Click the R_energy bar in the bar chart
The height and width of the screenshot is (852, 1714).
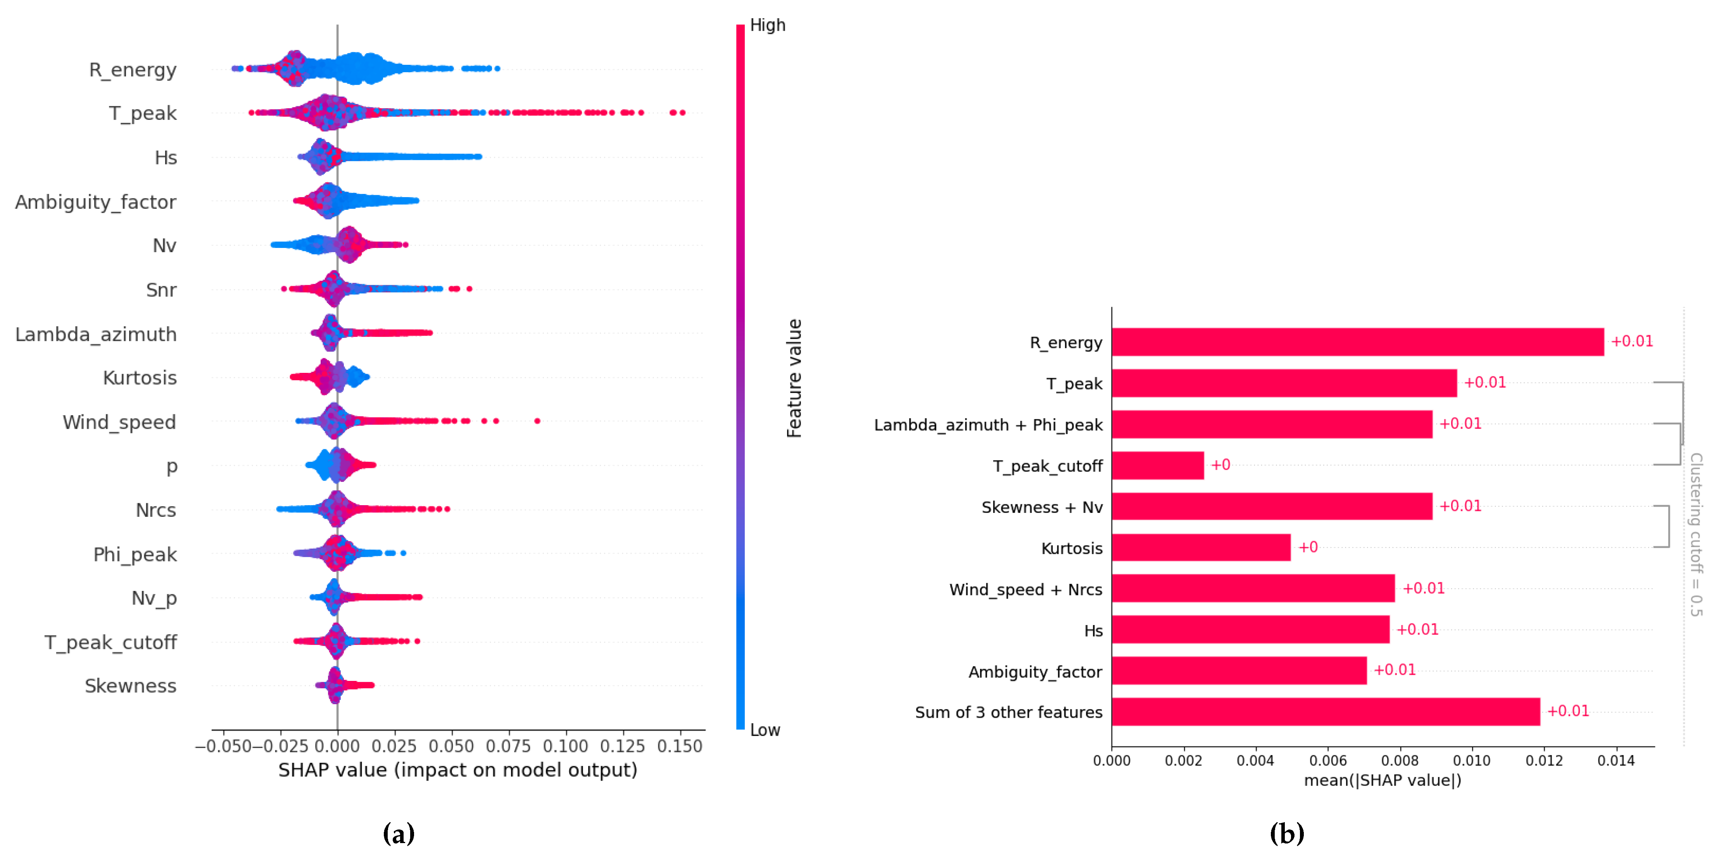1357,342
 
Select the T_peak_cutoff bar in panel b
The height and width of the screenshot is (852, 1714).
1157,465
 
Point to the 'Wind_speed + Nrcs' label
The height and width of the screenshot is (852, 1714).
1025,590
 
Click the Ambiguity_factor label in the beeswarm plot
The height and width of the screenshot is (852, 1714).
96,202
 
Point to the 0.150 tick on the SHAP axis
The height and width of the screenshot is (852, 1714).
679,746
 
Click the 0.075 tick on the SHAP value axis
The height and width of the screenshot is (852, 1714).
508,746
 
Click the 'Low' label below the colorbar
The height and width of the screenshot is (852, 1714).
765,730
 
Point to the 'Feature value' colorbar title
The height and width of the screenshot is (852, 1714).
794,378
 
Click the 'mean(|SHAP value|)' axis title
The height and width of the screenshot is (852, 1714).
1382,780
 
